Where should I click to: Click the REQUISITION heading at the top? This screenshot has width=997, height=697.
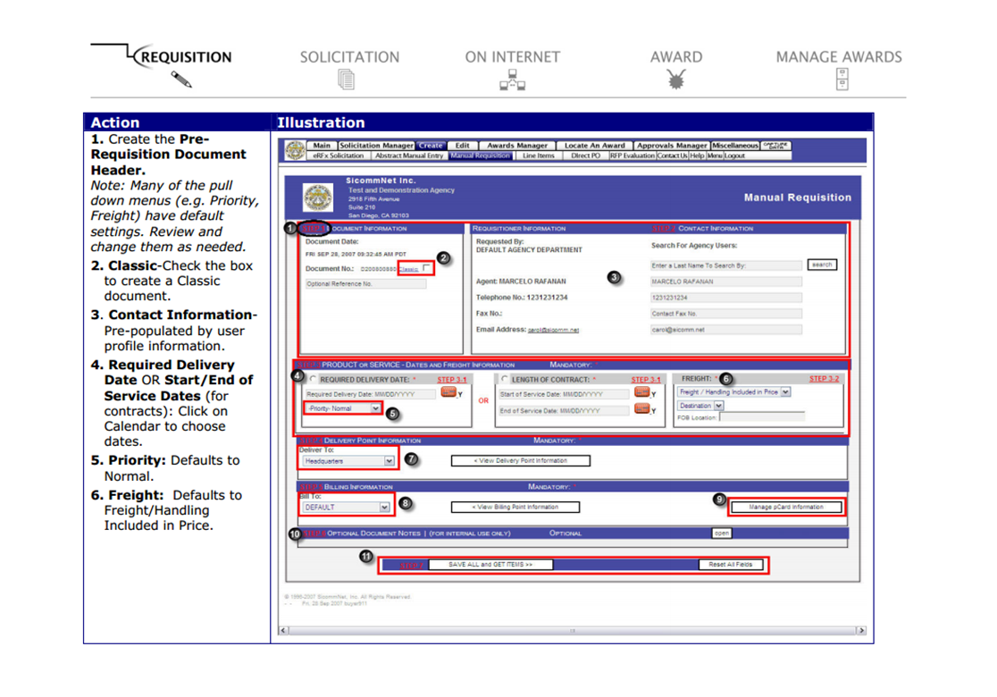[x=187, y=57]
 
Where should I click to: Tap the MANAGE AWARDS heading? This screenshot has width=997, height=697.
[x=838, y=57]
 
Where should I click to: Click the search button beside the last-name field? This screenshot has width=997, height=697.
[x=822, y=265]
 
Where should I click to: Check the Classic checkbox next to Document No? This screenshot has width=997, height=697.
[x=427, y=268]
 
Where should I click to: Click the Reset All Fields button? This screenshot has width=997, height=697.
[x=731, y=565]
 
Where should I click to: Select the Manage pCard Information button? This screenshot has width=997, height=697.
[x=785, y=508]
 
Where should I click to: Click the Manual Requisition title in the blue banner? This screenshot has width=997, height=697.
[x=797, y=197]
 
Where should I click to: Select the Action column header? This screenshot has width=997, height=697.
[x=115, y=122]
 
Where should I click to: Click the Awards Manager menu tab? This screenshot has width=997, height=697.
[x=517, y=146]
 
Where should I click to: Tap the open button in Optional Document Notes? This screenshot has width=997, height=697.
[x=722, y=533]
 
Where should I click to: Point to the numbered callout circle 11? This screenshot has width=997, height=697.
[x=365, y=556]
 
